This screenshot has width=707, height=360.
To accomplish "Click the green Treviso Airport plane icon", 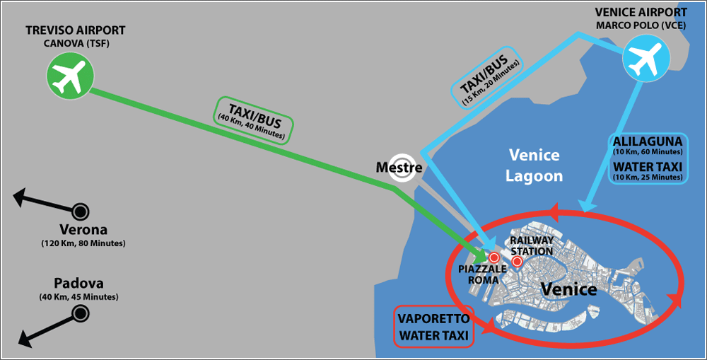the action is coord(69,76).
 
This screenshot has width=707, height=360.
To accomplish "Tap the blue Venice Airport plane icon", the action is coord(643,57).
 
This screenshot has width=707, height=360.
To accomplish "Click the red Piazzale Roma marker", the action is coord(493,257).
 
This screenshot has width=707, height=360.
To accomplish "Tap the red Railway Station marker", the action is coord(517,262).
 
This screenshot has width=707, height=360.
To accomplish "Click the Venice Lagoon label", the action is coord(534,165).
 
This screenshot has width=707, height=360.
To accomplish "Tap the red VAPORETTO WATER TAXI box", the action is coord(433,327).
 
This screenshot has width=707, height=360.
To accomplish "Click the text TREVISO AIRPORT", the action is coord(75,30).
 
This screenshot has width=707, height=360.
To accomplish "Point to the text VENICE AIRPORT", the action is coord(641,13).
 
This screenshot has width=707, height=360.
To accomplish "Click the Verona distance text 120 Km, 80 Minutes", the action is coord(83,243).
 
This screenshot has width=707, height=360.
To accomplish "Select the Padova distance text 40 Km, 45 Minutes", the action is coord(78,296).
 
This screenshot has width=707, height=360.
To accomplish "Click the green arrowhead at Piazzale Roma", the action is coord(481,255).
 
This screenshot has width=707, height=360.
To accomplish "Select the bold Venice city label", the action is coord(568,289).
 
